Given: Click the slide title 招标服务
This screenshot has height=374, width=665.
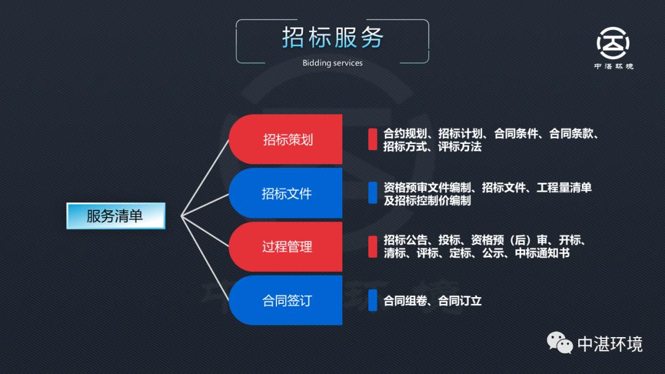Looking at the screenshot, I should pos(332,38).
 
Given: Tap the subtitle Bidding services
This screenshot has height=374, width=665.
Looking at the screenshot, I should pos(332,63).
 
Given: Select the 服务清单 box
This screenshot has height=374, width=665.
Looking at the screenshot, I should pos(115,216).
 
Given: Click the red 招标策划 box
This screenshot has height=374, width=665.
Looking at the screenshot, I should pos(287,140).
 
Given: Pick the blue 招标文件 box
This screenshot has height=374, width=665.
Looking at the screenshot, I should pos(287,193).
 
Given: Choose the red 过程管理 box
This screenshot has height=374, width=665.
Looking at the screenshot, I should pos(287,247).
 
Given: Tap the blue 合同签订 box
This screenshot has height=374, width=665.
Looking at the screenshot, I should pos(287,300).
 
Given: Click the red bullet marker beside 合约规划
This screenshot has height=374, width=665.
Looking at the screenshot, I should pos(373,140).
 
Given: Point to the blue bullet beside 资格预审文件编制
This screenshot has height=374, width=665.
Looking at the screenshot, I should pos(373,193).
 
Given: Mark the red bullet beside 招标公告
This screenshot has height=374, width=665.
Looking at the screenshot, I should pos(373,246).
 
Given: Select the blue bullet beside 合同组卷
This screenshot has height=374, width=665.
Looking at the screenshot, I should pos(373,300).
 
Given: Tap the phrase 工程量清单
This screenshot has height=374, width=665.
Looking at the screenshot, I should pos(564,188).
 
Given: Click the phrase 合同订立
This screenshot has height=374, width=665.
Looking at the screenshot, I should pos(460,301).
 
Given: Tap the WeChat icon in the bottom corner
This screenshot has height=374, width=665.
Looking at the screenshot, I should pos(560,343).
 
